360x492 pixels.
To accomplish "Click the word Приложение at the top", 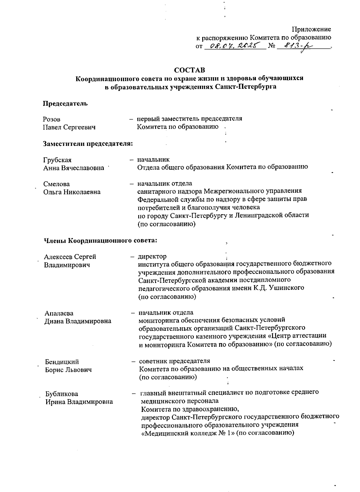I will point(311,29).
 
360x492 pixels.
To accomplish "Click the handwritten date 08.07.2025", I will point(234,46).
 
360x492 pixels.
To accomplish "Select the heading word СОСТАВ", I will point(190,70).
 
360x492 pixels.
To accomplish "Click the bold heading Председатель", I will point(65,104).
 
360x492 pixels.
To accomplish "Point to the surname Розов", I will point(52,119).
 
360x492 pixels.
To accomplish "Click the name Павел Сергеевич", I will point(69,127).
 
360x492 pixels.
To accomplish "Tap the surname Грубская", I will point(57,160).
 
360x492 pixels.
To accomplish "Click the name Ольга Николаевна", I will point(72,192).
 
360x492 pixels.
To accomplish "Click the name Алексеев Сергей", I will point(70,257).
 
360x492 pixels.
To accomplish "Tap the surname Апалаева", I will point(59,313).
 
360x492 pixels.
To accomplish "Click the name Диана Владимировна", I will point(78,321).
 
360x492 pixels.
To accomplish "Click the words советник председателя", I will point(175,361).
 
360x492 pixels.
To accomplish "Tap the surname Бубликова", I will point(62,394).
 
